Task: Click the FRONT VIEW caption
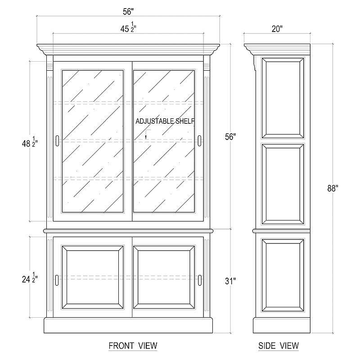(133, 346)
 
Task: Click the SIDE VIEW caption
(279, 346)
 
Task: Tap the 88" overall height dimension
(333, 188)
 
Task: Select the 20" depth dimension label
(277, 29)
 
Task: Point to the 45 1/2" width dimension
(128, 27)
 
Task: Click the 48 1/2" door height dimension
(30, 142)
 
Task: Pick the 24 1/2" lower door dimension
(30, 278)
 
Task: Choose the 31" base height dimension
(230, 281)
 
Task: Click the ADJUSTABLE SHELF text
(165, 121)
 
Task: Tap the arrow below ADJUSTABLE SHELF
(146, 135)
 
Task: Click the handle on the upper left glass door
(57, 141)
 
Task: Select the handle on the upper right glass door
(199, 141)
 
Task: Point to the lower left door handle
(57, 280)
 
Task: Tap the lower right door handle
(200, 280)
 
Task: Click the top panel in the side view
(283, 98)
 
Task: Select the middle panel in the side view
(283, 184)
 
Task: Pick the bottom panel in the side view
(283, 275)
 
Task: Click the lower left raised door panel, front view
(93, 278)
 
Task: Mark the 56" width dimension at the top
(128, 12)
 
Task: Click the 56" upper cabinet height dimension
(230, 137)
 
